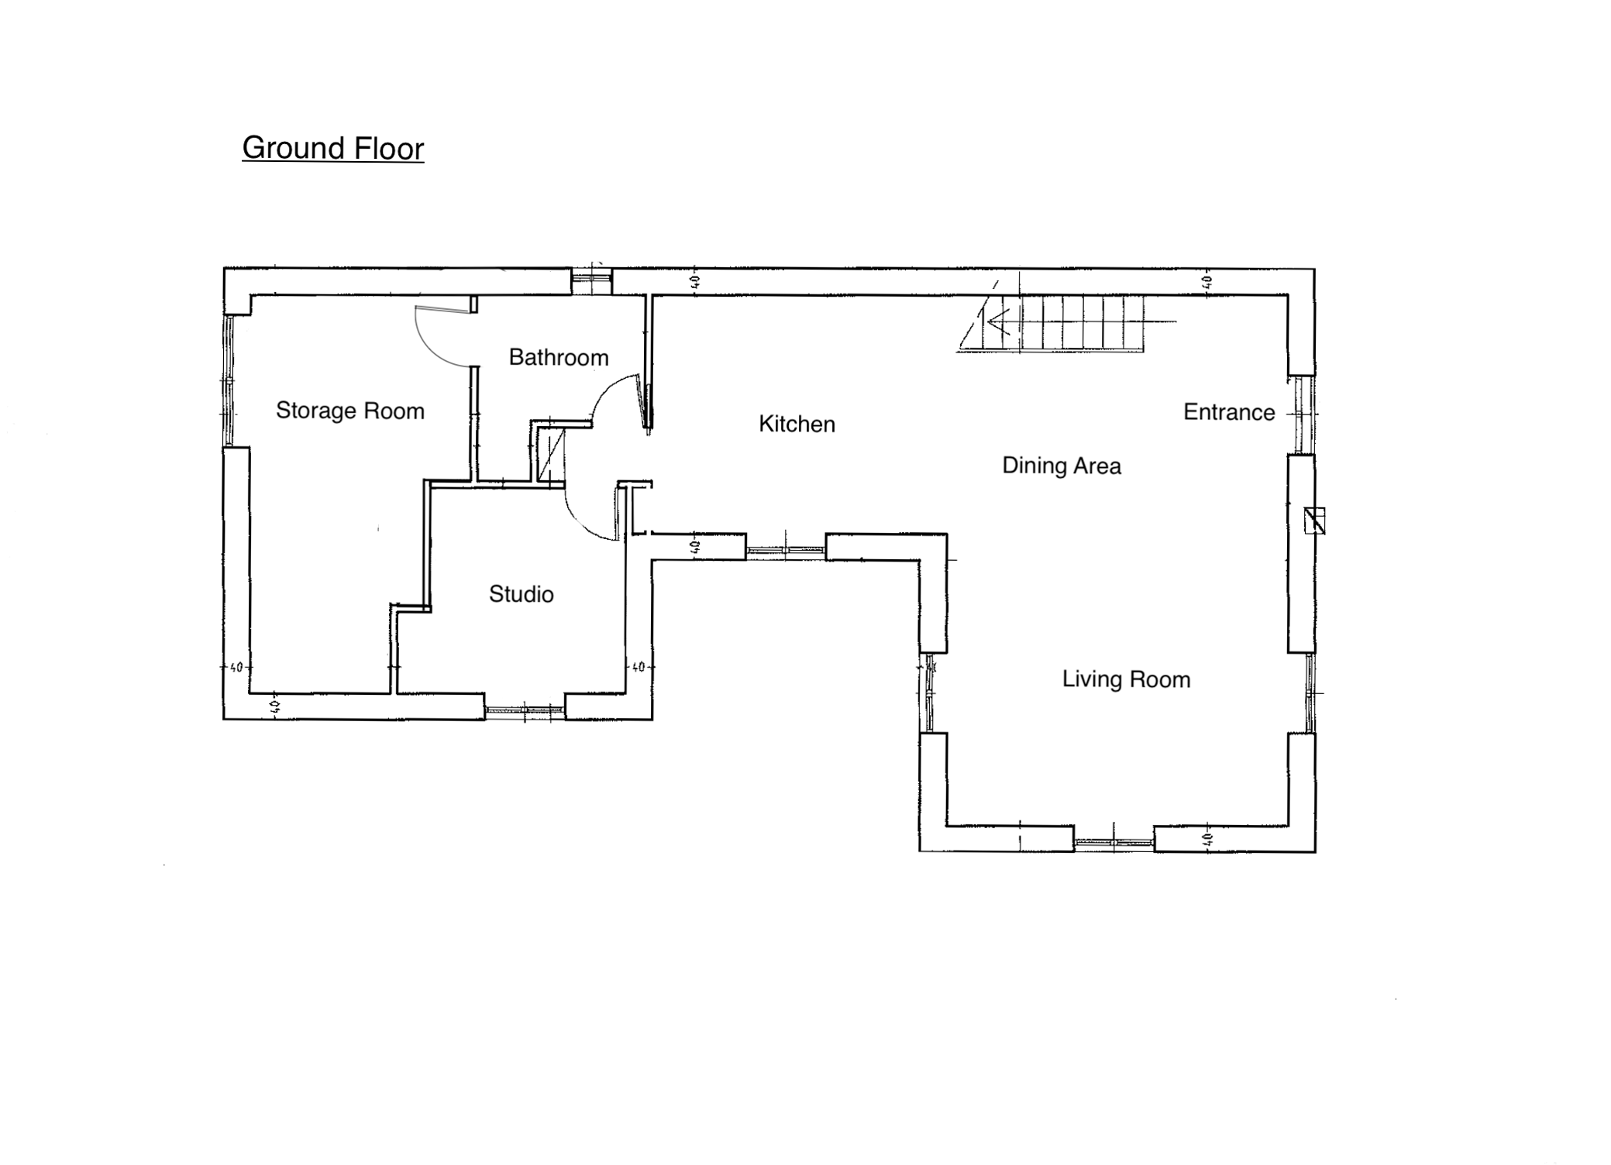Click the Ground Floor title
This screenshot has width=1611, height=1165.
pos(333,148)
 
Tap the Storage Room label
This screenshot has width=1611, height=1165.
pos(350,411)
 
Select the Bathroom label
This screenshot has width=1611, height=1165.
pos(559,357)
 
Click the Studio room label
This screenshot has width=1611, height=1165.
pos(522,594)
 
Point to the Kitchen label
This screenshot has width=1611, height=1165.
pos(797,424)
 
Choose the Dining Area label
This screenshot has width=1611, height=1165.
pos(1062,466)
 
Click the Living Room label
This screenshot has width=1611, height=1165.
pos(1126,679)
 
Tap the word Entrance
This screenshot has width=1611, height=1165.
pos(1229,412)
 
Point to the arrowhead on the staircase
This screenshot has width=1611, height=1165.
pos(997,320)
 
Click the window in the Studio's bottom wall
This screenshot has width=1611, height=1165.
pos(525,709)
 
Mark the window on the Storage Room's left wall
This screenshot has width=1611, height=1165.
pos(228,380)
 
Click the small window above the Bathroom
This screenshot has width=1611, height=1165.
pos(592,281)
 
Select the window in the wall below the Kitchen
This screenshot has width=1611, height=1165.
pos(786,551)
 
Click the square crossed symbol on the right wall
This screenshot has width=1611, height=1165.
pos(1314,521)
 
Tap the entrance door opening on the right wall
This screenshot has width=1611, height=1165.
pos(1302,415)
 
